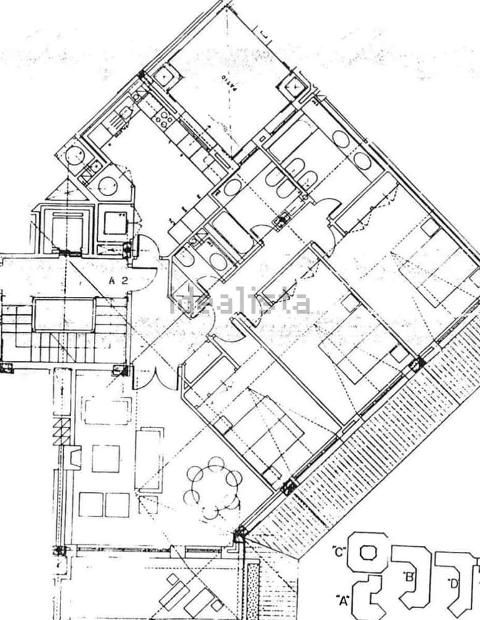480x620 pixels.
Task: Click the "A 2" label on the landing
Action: pos(118,280)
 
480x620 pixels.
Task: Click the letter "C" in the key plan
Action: pos(338,549)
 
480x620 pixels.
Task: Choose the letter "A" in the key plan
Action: pos(342,599)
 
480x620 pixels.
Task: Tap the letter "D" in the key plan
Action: pos(454,582)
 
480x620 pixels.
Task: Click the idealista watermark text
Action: pos(240,303)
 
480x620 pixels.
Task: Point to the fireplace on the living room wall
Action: pos(74,458)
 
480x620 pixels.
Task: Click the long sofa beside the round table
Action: pos(149,459)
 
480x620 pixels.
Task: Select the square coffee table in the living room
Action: pos(106,459)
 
